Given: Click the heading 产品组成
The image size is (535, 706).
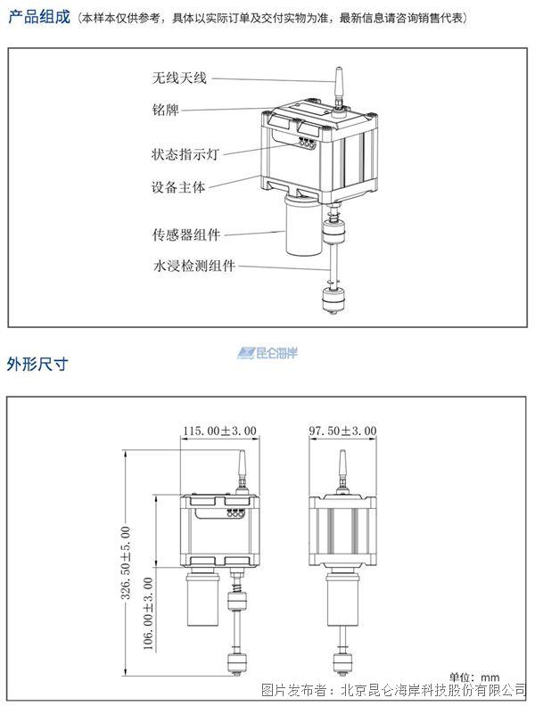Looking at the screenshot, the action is click(39, 17).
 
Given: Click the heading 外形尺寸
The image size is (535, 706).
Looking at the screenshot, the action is click(37, 364).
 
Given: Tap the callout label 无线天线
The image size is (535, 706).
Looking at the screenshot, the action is click(179, 78).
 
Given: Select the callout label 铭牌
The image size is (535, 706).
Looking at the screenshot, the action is click(165, 110).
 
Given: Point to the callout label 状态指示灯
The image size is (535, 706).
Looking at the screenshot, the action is click(185, 154).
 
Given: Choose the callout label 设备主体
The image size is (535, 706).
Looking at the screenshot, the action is click(178, 187).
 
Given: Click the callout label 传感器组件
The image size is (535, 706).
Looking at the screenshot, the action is click(186, 234).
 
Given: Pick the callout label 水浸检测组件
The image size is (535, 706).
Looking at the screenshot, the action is click(194, 266).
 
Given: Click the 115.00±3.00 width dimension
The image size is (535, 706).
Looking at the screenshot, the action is click(219, 431).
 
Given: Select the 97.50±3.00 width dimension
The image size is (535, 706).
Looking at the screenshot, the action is click(342, 431).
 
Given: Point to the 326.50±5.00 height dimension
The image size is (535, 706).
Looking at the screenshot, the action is click(126, 562).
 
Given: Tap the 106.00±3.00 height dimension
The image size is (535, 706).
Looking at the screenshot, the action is click(148, 613).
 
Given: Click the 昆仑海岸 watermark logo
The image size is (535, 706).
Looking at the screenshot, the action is click(267, 353).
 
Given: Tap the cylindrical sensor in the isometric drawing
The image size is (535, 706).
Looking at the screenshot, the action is click(303, 225).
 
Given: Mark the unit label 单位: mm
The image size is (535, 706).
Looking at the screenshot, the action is click(473, 677).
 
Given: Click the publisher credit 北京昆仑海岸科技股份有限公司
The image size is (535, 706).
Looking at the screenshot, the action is click(433, 690).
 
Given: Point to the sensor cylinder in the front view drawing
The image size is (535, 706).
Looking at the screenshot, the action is click(202, 598).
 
